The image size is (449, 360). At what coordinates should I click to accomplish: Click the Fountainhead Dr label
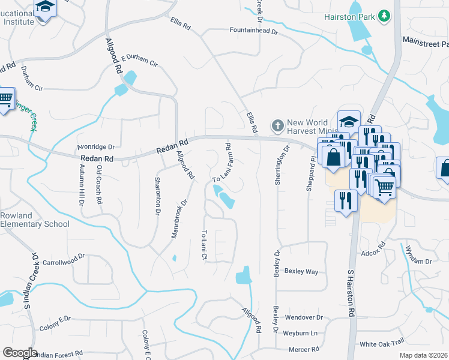tap(255, 31)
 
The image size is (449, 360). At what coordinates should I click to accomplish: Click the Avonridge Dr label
tap(95, 146)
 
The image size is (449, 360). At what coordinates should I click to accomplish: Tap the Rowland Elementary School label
tap(35, 220)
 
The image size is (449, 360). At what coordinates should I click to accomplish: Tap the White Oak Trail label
tap(382, 344)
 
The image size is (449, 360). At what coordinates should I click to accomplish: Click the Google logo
tap(20, 353)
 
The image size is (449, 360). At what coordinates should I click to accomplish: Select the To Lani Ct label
tap(204, 245)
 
